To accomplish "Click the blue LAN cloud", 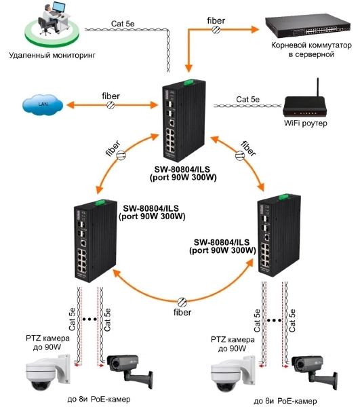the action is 43,104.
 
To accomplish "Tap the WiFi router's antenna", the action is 318,88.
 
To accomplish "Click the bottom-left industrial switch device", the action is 96,241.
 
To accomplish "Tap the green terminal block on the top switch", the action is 189,82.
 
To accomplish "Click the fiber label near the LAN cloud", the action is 111,96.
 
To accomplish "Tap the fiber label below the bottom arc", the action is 182,312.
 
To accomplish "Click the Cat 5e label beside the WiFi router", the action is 247,99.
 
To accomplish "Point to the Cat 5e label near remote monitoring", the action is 123,24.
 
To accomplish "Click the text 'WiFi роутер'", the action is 305,123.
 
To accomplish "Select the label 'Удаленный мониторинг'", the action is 52,55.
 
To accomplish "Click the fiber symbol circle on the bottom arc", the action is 182,302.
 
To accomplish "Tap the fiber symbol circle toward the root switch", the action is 216,29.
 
